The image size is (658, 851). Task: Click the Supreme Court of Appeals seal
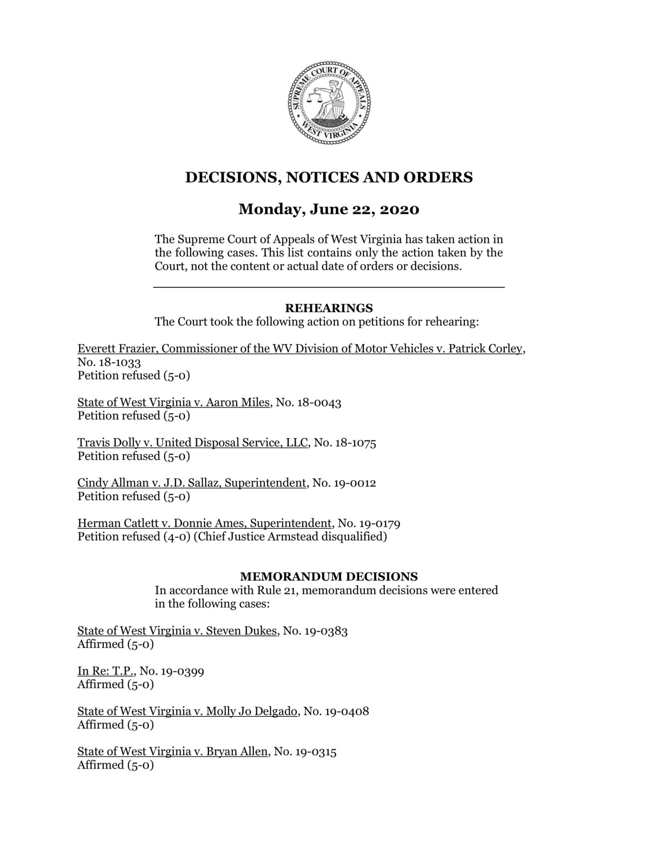click(329, 103)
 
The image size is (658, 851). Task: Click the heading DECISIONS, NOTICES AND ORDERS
click(329, 177)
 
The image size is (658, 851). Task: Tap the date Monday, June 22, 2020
click(329, 209)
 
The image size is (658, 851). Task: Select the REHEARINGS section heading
click(329, 308)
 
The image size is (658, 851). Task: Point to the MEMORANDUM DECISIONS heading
click(329, 577)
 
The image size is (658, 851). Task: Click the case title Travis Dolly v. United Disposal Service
click(193, 443)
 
